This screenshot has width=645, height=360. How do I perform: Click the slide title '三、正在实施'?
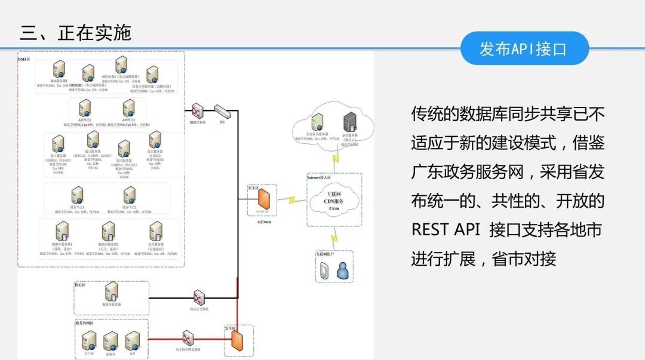click(75, 32)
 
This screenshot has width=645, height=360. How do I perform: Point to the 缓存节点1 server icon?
click(77, 195)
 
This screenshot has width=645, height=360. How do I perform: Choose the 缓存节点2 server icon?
click(128, 195)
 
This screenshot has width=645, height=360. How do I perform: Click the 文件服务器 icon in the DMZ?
click(156, 231)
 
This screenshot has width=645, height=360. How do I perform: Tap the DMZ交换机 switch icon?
click(197, 111)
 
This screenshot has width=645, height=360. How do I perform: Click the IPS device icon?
click(222, 110)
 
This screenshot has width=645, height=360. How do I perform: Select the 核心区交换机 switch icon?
click(199, 298)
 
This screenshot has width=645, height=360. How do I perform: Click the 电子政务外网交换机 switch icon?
click(188, 339)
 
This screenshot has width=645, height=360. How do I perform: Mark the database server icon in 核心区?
click(111, 292)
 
